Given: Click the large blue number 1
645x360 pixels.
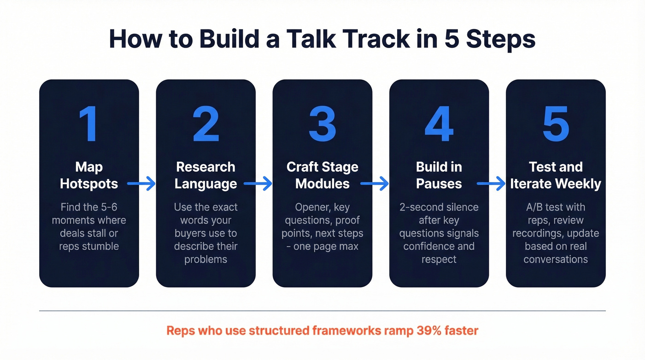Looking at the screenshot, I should pos(88,124).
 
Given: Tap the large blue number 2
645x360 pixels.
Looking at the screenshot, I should pos(205,124).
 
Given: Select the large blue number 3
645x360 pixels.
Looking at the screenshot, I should pos(322,124).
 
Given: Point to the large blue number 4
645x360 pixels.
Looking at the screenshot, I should pos(439,124).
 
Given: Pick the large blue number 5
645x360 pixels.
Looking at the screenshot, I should pos(555,124).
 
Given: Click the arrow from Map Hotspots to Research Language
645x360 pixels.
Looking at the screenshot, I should pos(141,184).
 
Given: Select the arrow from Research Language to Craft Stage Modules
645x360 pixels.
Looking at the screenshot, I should pos(258,184).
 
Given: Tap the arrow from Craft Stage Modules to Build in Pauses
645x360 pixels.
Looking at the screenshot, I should pos(374,184).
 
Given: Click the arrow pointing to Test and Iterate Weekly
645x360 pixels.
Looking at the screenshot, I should pos(491,184).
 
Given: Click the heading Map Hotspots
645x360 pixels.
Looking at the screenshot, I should pos(89,175).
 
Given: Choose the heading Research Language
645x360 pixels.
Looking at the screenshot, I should pos(205,175).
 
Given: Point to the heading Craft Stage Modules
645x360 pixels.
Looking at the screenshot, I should pos(322,175).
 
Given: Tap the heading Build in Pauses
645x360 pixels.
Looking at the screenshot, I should pos(439,175).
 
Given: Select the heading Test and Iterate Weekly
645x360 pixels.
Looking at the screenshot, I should pos(555,175).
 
